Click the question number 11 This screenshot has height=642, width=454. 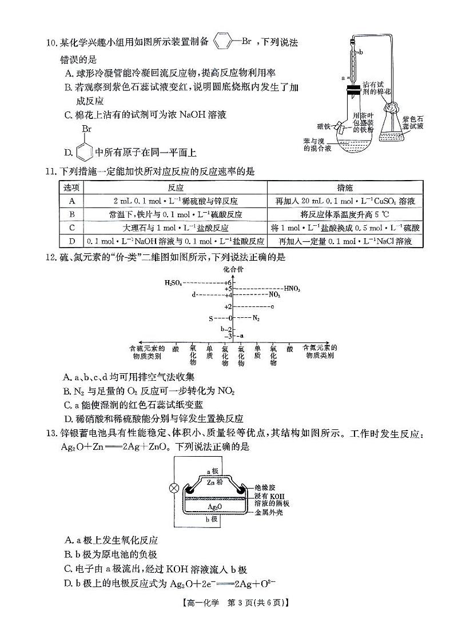click(51, 172)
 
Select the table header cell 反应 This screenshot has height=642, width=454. click(176, 188)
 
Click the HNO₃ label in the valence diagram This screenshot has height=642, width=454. click(292, 289)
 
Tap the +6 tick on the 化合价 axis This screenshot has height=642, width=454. click(228, 282)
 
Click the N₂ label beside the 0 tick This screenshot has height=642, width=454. click(256, 317)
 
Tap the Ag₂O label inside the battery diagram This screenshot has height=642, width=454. click(215, 507)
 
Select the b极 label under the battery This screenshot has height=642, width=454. click(212, 519)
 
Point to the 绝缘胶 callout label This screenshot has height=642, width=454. click(265, 487)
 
